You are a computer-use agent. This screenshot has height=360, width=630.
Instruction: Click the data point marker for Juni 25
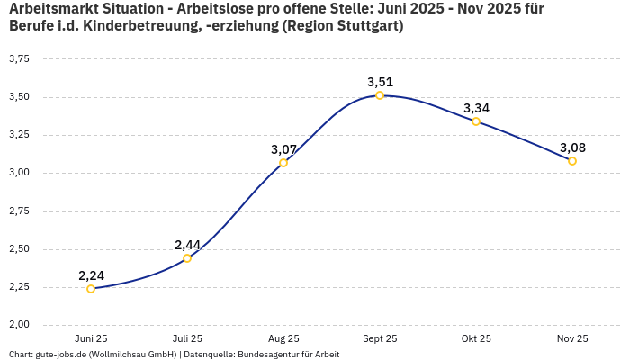tap(91, 289)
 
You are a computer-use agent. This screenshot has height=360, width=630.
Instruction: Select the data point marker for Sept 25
tap(380, 95)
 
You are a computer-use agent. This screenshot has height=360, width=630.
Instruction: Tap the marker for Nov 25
tap(572, 161)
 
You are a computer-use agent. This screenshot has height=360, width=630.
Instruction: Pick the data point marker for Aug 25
tap(283, 163)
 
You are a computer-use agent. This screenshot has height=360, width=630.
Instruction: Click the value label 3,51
tap(380, 82)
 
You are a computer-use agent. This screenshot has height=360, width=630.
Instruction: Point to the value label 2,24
tap(92, 275)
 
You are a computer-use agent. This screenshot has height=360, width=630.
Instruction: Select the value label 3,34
tap(476, 108)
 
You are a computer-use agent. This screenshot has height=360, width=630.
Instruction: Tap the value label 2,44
tap(188, 245)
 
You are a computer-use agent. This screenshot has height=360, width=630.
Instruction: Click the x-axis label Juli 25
tap(187, 338)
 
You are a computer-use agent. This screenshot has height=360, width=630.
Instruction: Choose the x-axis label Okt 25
tap(476, 338)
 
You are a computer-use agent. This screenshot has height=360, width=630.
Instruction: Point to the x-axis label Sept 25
tap(380, 338)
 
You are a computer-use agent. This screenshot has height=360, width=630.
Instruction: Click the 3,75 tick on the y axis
tap(19, 58)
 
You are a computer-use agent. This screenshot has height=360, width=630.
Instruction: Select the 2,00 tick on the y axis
tap(19, 325)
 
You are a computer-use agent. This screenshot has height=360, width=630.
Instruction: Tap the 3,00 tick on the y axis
tap(19, 173)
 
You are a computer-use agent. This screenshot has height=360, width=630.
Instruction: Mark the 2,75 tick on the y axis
tap(19, 211)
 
